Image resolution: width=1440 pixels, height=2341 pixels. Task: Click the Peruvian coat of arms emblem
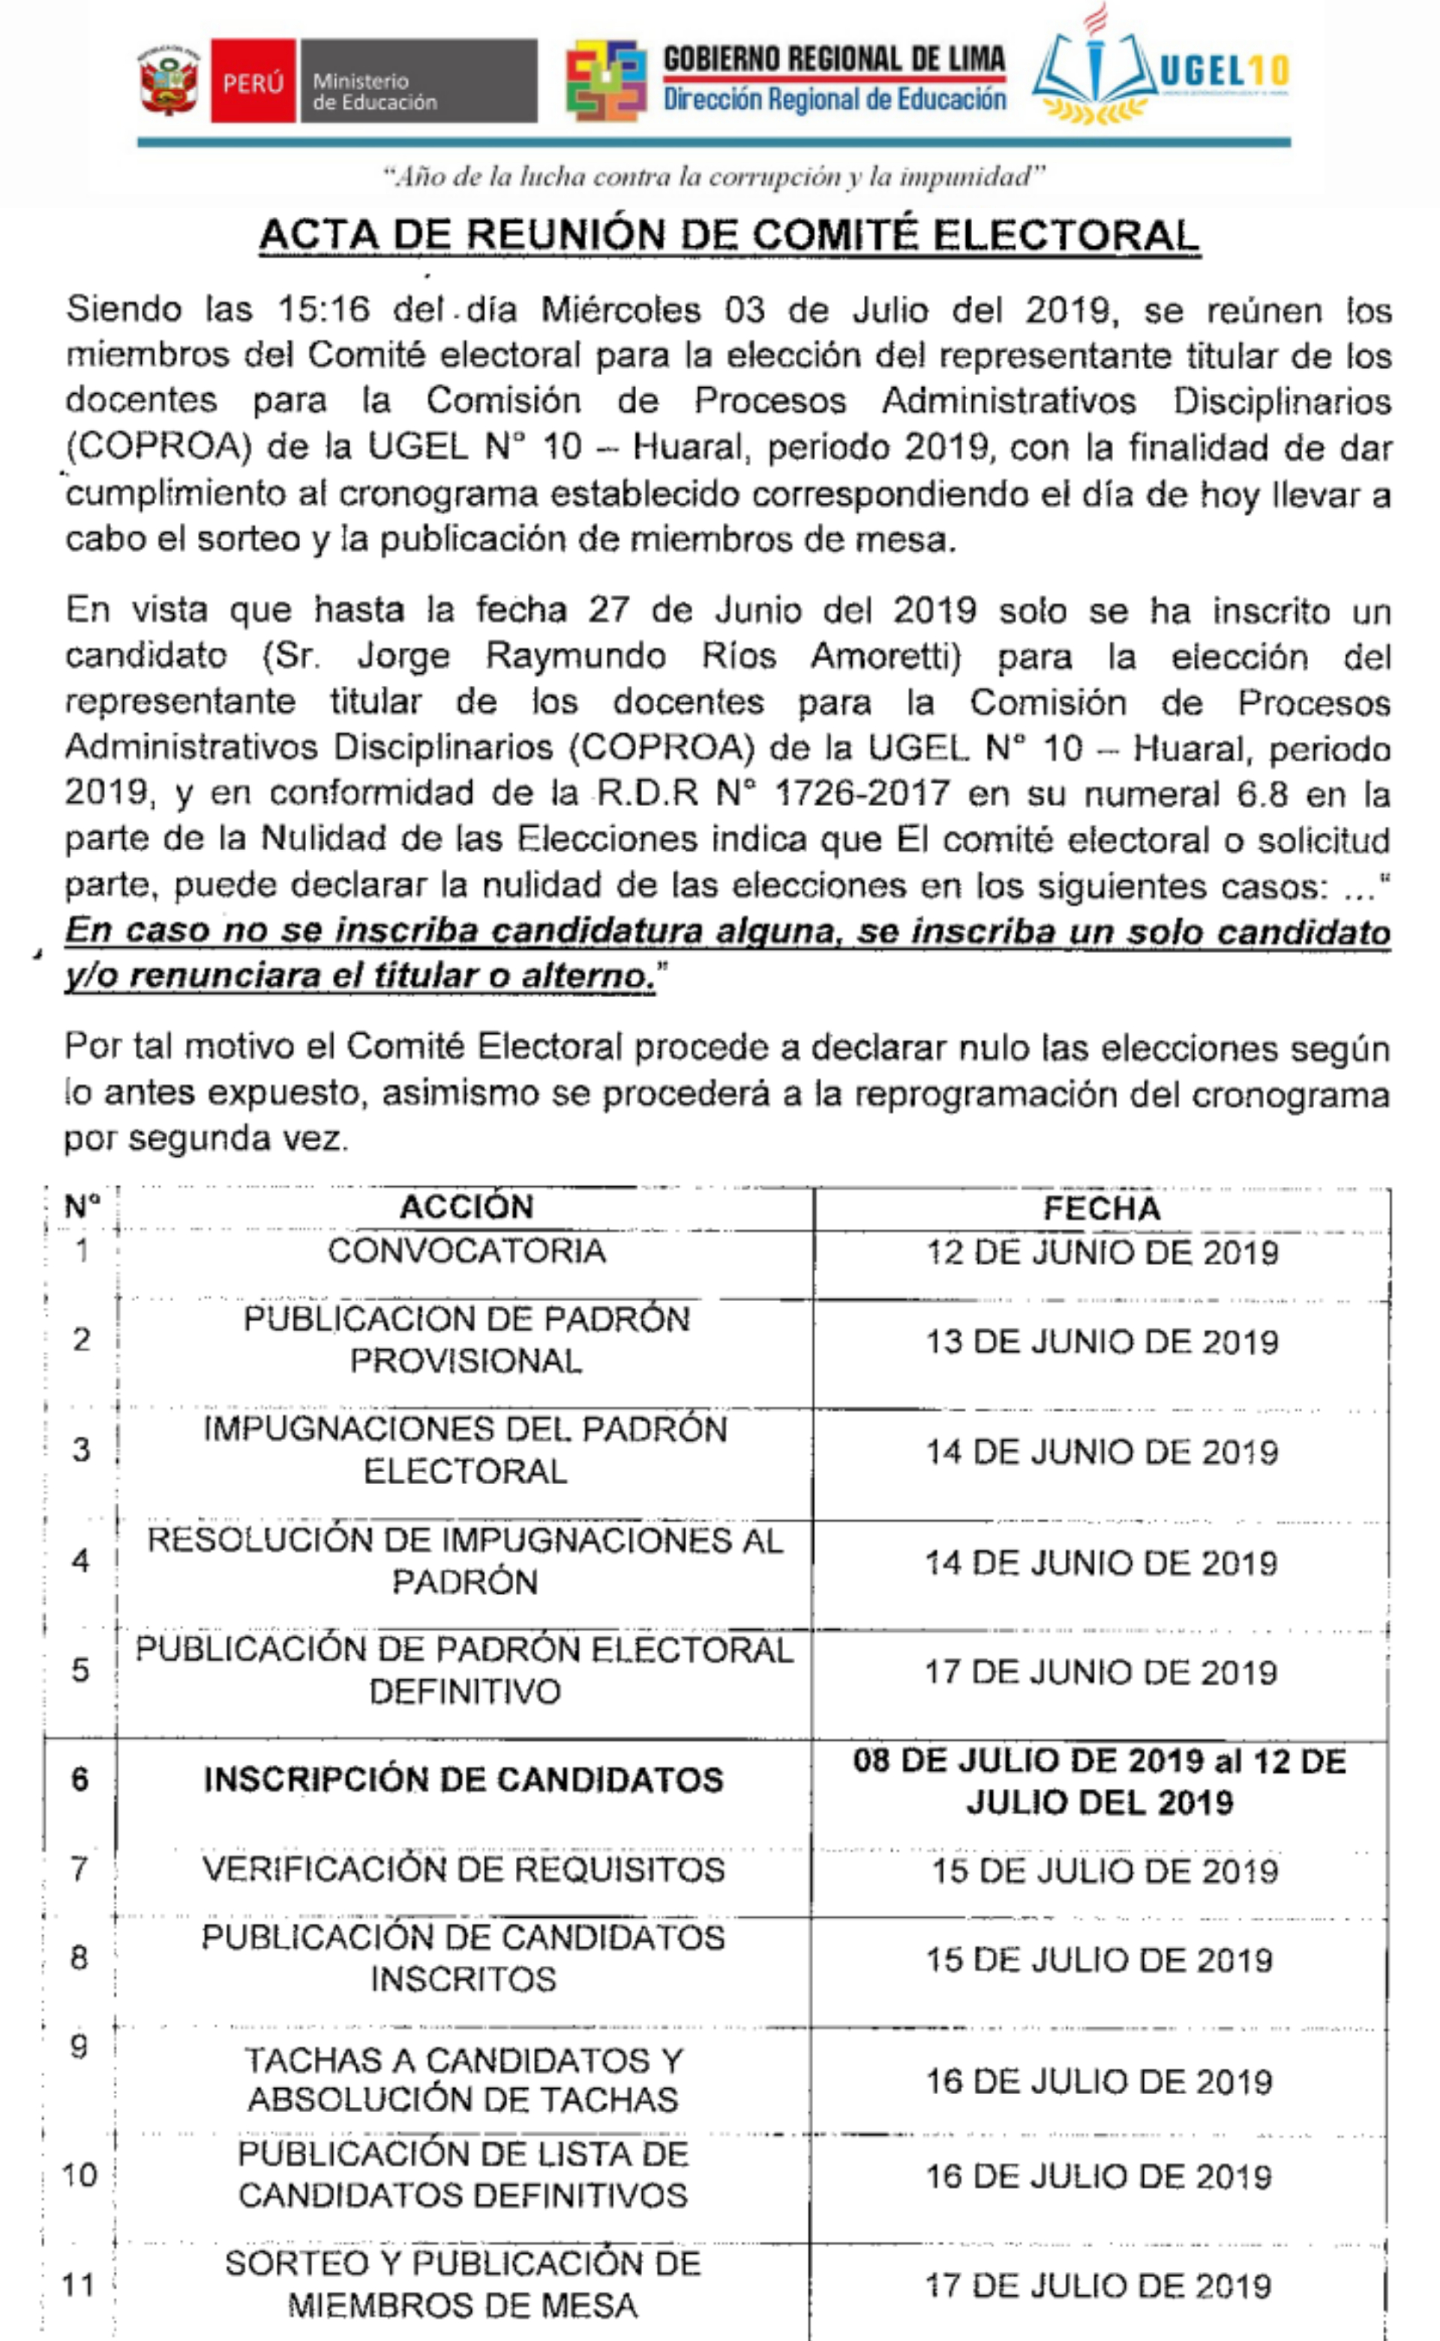tap(169, 81)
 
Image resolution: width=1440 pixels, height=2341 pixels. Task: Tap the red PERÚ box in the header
tap(253, 82)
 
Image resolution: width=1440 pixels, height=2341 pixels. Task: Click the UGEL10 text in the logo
tap(1224, 71)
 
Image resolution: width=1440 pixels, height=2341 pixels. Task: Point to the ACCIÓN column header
tap(466, 1207)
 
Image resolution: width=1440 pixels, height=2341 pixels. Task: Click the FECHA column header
tap(1102, 1208)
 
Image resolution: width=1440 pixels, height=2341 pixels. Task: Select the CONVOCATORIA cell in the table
tap(466, 1251)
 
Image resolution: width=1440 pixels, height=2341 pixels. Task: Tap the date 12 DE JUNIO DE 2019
tap(1102, 1252)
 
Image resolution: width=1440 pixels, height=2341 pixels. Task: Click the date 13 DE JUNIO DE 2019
tap(1102, 1342)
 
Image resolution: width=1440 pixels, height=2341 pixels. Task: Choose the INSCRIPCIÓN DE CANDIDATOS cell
tap(463, 1780)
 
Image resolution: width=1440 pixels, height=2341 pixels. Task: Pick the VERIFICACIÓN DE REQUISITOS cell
tap(463, 1869)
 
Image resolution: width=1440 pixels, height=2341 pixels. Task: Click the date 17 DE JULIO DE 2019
tap(1098, 2285)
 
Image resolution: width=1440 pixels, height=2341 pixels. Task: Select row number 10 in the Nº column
tap(79, 2175)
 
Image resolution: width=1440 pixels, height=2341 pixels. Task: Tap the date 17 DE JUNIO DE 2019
tap(1101, 1672)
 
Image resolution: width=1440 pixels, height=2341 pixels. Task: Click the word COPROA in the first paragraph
tap(158, 447)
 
